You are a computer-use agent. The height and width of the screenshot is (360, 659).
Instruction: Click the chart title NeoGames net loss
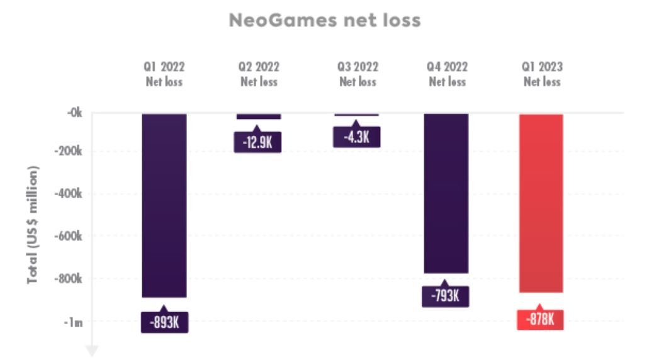click(x=324, y=21)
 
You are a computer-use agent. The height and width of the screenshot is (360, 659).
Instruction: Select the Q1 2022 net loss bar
click(x=164, y=205)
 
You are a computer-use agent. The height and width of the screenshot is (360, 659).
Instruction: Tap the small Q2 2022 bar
click(x=259, y=116)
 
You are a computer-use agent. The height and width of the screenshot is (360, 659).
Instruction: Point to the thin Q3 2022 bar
click(x=357, y=115)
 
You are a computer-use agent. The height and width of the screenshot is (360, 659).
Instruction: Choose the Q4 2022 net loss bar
click(x=446, y=193)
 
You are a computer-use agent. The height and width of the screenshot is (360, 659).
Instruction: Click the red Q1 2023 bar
click(x=541, y=203)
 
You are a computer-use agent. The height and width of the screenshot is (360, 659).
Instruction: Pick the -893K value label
click(x=165, y=322)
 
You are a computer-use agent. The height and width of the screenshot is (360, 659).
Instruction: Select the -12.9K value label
click(x=257, y=142)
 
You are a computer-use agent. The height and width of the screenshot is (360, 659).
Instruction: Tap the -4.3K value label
click(x=357, y=137)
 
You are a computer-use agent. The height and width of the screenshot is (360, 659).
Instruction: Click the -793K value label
click(x=446, y=296)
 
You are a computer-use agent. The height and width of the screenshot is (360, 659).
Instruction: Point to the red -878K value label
click(x=540, y=319)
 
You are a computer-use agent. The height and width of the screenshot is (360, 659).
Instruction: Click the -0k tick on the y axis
click(x=74, y=113)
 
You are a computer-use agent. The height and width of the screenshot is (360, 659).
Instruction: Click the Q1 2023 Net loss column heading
click(x=542, y=74)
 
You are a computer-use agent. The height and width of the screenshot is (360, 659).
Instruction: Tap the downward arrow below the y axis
click(x=92, y=350)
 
